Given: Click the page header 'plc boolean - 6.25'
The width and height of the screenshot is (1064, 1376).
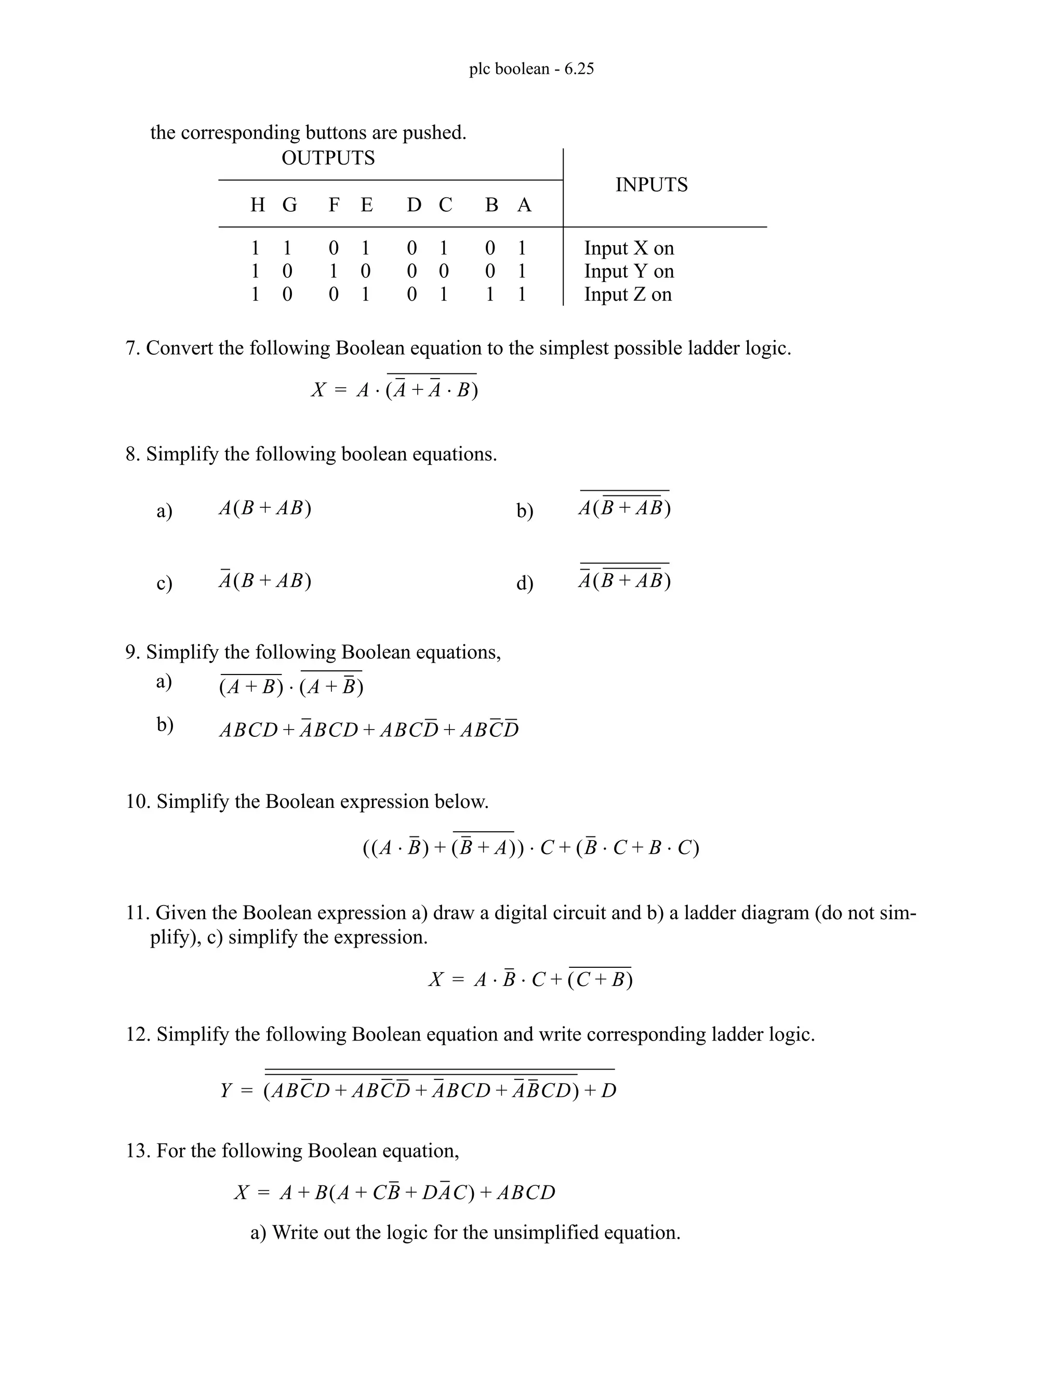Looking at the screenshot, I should pos(531,69).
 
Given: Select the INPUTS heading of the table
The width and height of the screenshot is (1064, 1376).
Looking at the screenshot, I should pos(651,185).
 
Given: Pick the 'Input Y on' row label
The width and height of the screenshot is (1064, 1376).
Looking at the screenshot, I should pos(629,271).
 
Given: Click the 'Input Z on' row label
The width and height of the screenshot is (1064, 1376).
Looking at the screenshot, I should pos(627,294).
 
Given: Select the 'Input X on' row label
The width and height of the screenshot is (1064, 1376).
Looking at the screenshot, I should pos(629,248).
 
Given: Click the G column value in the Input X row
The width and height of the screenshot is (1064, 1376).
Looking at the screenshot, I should pos(287,248).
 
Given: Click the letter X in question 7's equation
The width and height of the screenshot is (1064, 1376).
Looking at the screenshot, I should pos(318,390).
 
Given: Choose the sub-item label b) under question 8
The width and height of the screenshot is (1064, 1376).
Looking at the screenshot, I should pos(524,510).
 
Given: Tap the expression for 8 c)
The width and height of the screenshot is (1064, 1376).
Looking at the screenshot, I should pos(265,581).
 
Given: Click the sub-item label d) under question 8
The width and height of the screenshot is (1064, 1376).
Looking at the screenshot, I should pos(524,583).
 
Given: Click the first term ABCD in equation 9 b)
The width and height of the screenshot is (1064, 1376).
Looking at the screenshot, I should pos(248,730).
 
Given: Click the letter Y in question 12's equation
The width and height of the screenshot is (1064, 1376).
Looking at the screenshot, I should pos(227,1090).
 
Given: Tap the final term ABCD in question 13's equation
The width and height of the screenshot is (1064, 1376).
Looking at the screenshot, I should pos(526,1193).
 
